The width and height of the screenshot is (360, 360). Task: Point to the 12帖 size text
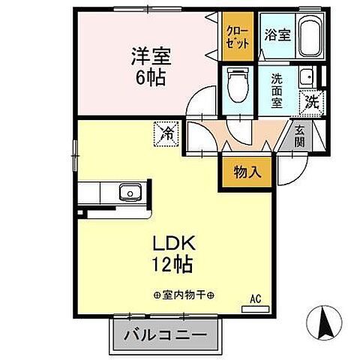[175, 264]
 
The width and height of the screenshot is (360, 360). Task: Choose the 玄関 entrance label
[298, 136]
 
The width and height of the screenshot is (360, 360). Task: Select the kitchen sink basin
[130, 193]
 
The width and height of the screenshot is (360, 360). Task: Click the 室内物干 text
[184, 294]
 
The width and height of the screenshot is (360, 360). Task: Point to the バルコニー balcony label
[169, 334]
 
